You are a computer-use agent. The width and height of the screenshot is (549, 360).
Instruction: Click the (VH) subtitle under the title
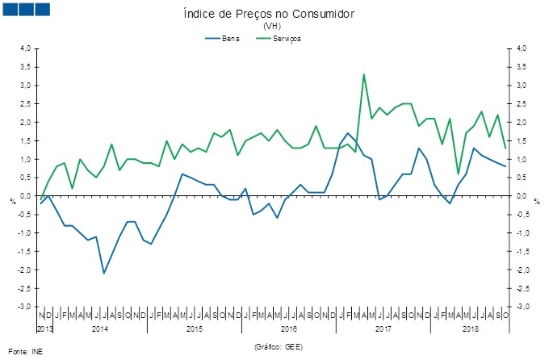coord(272,27)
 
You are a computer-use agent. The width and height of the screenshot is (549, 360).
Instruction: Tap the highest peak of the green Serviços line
coord(363,74)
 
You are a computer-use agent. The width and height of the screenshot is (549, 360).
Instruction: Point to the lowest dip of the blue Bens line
coord(104,273)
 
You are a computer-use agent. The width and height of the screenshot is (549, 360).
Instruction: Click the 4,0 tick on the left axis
coord(25,48)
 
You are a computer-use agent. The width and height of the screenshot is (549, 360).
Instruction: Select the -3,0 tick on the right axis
coord(523,307)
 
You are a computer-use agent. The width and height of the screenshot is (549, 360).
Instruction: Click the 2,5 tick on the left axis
coord(25,103)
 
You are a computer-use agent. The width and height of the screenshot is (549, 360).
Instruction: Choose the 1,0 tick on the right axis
coord(522,159)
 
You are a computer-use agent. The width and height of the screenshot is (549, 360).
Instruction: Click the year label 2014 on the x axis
coord(100,329)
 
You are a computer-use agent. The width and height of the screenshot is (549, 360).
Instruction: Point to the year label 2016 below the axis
coord(289,329)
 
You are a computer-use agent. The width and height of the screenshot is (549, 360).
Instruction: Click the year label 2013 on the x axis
coord(45,329)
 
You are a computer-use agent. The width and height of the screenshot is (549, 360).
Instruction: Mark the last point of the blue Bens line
coord(505,166)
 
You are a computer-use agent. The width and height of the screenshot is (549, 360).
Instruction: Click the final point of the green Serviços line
coord(505,148)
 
